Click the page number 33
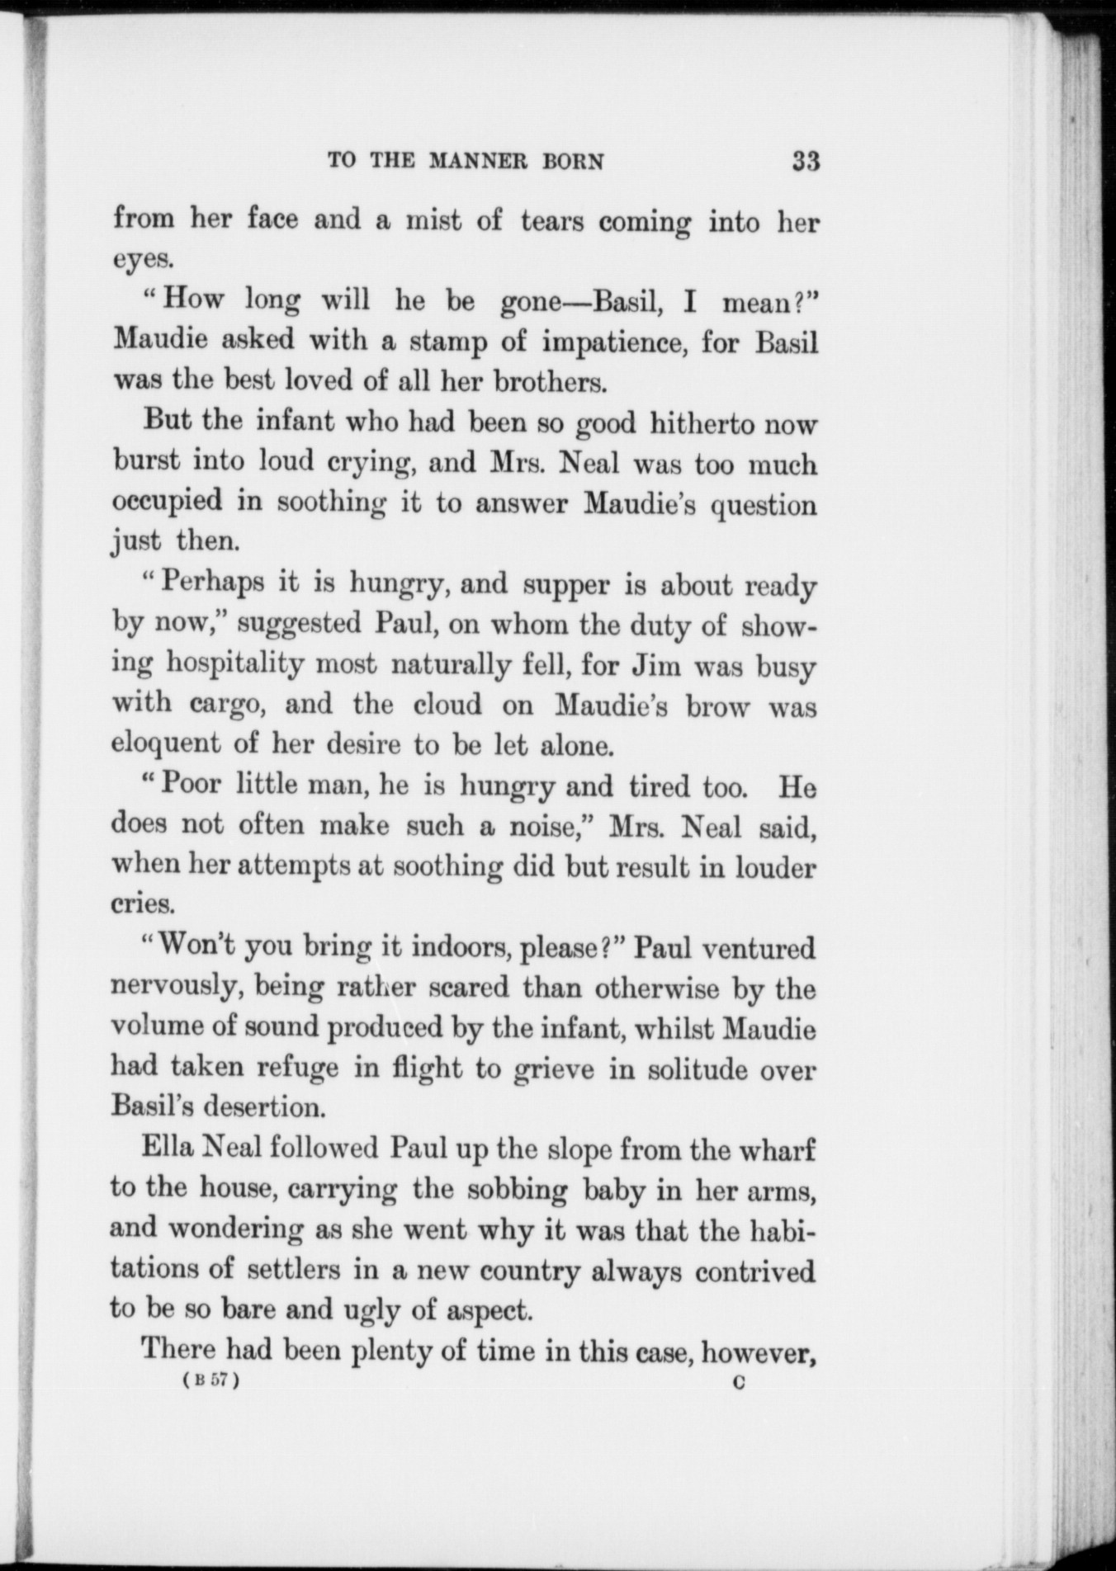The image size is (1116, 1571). (805, 160)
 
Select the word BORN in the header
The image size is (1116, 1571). (572, 161)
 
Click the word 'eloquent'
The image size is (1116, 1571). (166, 745)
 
